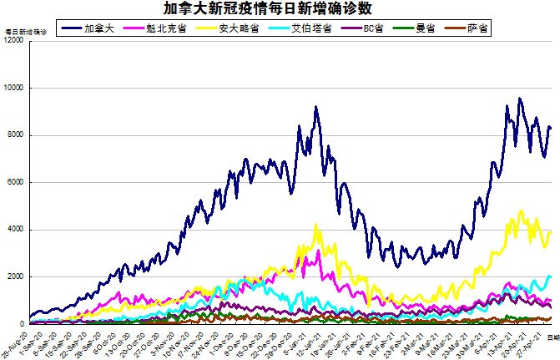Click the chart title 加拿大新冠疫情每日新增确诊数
click(x=280, y=8)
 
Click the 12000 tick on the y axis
click(x=14, y=41)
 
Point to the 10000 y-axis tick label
click(x=14, y=88)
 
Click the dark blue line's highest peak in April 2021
click(x=519, y=99)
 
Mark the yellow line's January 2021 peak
click(x=316, y=224)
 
